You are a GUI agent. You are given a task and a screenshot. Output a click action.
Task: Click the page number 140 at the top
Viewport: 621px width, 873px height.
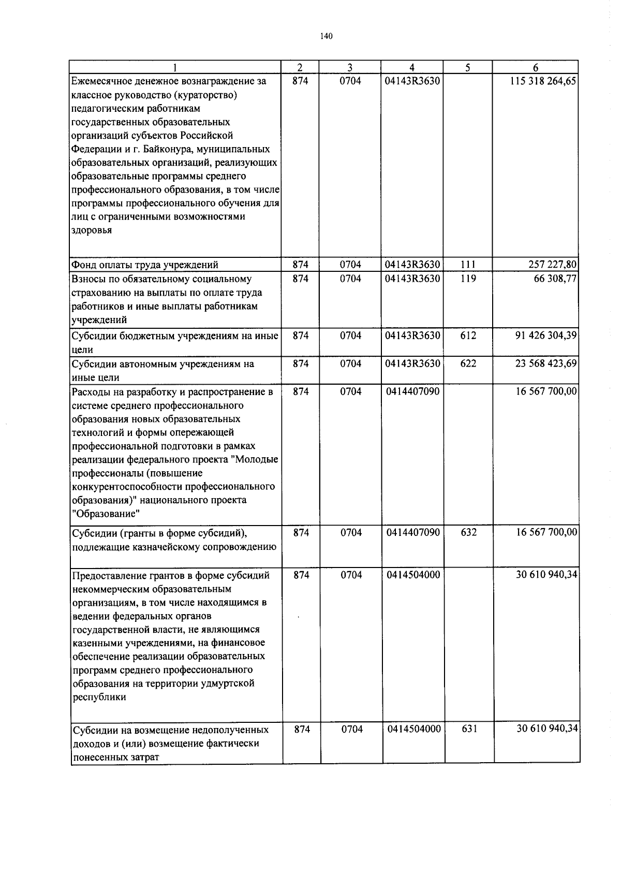[326, 36]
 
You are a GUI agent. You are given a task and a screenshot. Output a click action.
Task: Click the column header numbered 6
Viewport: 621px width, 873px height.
[536, 67]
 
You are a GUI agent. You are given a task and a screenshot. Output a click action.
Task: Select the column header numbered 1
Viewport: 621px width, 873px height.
[176, 67]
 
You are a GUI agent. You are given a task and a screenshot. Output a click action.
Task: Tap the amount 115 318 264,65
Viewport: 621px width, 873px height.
[543, 81]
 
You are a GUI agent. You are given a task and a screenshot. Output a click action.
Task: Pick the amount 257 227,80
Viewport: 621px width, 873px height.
[550, 265]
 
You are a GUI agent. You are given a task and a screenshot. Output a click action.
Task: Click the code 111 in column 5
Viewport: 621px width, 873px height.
[468, 265]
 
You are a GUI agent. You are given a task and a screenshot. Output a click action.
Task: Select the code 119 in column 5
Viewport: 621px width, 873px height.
[468, 279]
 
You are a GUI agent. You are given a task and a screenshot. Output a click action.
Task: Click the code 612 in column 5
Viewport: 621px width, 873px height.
[468, 336]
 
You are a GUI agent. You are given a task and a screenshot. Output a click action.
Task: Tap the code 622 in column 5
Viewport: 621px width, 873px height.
[468, 363]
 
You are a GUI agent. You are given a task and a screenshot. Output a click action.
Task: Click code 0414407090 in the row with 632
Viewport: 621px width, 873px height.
[412, 532]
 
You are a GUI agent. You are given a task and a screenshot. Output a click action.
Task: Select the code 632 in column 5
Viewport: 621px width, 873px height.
[468, 532]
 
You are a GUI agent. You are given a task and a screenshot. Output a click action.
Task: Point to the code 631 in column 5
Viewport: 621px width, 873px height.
[469, 729]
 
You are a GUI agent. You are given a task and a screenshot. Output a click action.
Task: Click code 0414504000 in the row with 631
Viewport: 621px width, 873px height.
[413, 729]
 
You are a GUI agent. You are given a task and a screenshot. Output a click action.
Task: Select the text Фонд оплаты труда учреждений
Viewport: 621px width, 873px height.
[145, 265]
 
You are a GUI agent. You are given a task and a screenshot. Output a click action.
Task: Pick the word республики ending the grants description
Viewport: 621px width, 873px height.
[99, 697]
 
